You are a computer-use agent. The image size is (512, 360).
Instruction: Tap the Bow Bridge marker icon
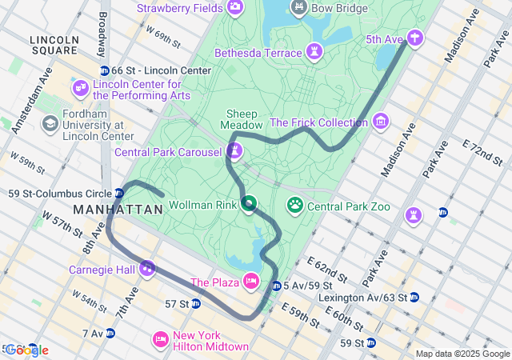[299, 8]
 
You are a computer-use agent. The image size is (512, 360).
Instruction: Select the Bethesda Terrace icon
[315, 53]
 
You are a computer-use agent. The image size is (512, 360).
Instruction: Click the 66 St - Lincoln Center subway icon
[104, 70]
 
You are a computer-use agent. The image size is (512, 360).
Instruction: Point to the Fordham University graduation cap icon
[50, 124]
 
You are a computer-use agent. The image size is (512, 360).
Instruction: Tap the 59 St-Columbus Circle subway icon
[119, 193]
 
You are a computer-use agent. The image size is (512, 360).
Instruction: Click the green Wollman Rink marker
[249, 205]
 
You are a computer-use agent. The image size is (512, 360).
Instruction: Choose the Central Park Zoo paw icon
[295, 206]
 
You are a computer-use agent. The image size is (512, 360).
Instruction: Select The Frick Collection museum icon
[380, 122]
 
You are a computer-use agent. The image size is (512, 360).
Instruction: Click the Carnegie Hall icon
[146, 269]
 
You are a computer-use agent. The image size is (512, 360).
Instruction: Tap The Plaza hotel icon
[250, 282]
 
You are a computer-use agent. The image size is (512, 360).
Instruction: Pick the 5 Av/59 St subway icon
[276, 286]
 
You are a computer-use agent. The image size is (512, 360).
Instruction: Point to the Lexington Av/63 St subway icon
[414, 297]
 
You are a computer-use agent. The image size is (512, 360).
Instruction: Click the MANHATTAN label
[118, 209]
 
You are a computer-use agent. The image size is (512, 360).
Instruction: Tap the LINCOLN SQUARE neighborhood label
[54, 46]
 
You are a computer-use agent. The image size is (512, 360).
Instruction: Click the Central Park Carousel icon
[234, 150]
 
